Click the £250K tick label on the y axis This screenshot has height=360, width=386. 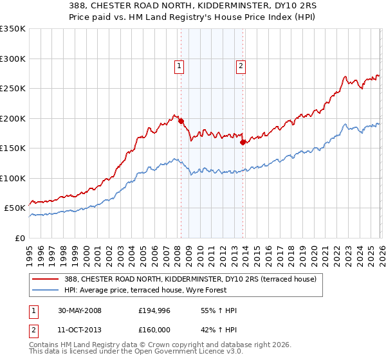point(13,89)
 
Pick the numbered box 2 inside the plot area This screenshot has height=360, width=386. point(240,65)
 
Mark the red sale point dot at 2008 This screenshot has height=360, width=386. point(181,121)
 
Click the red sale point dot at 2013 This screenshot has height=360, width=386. point(243,143)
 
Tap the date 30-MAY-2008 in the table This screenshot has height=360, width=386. point(80,311)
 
